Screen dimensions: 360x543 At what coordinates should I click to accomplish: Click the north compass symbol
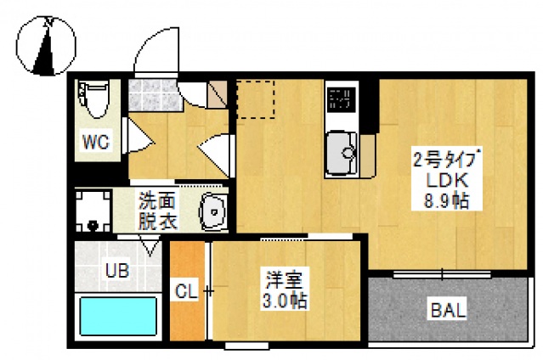pos(46,47)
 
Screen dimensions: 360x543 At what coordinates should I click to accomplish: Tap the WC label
pos(95,142)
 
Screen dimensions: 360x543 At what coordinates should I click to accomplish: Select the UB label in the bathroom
pos(116,271)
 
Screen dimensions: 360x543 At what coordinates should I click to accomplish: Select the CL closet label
pos(186,291)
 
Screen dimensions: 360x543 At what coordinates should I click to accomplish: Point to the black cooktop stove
pos(341,99)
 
